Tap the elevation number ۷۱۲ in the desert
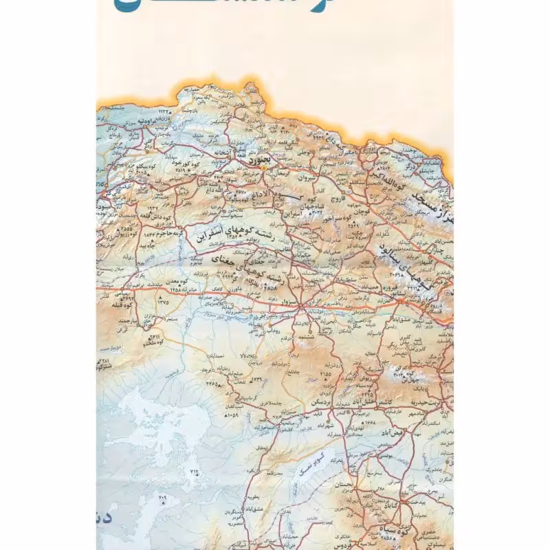[x=192, y=471]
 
